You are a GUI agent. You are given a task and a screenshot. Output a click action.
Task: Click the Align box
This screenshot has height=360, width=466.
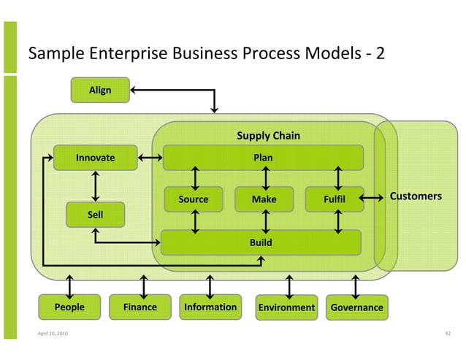coord(100,91)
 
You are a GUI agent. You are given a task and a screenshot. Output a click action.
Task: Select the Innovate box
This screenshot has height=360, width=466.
coord(96,157)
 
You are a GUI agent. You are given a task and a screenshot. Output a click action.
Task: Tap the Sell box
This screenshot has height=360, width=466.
coord(96,215)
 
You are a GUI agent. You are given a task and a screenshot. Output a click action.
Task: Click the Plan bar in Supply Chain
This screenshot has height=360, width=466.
coord(263,157)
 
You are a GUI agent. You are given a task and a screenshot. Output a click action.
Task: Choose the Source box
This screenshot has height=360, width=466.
coord(194,199)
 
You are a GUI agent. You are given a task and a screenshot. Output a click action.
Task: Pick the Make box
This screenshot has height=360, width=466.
coord(264,199)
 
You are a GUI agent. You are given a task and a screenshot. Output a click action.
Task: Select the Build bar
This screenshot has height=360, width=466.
coord(261,242)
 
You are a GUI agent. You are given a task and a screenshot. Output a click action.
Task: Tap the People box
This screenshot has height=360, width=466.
coord(69,307)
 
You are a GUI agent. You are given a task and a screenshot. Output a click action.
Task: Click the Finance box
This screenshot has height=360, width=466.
coord(140,307)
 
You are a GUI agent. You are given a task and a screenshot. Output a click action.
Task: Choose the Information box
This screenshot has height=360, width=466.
coord(210,307)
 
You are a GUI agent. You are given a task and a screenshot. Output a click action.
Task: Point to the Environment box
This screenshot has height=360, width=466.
coord(286,307)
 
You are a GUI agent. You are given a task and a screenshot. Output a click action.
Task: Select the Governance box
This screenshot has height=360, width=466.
coord(356,307)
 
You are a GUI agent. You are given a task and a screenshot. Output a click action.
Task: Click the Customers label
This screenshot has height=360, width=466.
coord(416,196)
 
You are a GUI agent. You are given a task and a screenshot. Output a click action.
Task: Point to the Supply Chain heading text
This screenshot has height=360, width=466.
coord(268,136)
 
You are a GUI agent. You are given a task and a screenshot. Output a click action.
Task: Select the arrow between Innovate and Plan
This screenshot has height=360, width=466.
coord(150,157)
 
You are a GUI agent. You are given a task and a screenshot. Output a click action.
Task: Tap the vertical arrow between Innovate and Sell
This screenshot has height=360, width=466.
coord(96,185)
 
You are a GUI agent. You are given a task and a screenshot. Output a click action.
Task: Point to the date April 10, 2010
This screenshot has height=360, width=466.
coord(43,334)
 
